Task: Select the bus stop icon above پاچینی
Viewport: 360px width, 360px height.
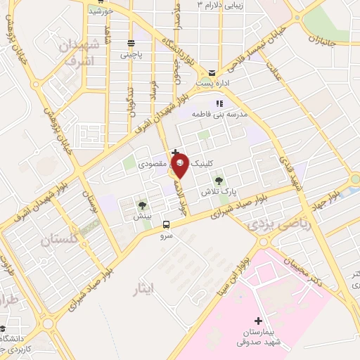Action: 130,43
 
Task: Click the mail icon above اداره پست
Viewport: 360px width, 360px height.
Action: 212,73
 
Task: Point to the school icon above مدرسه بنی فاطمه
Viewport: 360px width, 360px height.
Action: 218,103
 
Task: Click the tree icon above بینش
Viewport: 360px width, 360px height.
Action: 143,205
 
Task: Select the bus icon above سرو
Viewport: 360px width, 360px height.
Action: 166,225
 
